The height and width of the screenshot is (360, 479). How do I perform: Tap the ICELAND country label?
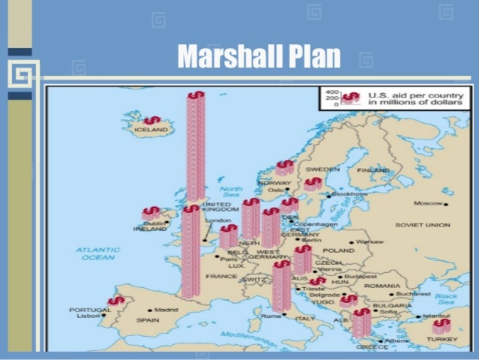point(151,130)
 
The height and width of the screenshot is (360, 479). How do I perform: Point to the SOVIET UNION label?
point(423,225)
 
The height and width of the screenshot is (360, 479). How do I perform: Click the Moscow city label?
point(429,203)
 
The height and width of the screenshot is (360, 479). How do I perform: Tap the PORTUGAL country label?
point(90,309)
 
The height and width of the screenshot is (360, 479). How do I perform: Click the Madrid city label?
point(166,310)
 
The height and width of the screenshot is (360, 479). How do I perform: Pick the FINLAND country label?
point(373,170)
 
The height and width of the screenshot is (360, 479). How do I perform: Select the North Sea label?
point(231,193)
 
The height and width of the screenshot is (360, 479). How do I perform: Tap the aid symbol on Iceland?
point(152,120)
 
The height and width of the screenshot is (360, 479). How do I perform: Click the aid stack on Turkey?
point(442,326)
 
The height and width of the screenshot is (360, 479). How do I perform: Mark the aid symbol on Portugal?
point(115,301)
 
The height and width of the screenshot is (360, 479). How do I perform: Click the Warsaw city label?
point(370,242)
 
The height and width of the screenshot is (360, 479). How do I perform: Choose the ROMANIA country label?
point(382,286)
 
